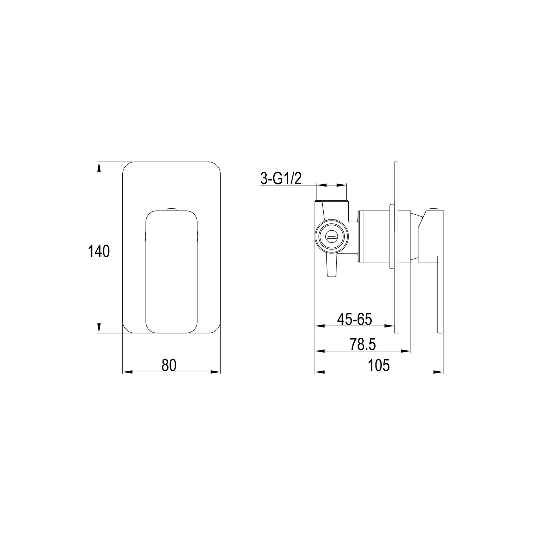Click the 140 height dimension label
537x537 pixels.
tap(99, 252)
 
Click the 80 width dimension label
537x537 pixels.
tap(169, 365)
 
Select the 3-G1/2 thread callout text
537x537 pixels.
tap(281, 179)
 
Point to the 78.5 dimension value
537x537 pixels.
tap(362, 345)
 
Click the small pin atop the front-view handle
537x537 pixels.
tap(171, 210)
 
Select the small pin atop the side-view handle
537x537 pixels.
tap(434, 210)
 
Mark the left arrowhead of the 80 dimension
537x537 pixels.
tap(128, 372)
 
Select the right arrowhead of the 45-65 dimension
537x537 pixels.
tap(389, 326)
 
